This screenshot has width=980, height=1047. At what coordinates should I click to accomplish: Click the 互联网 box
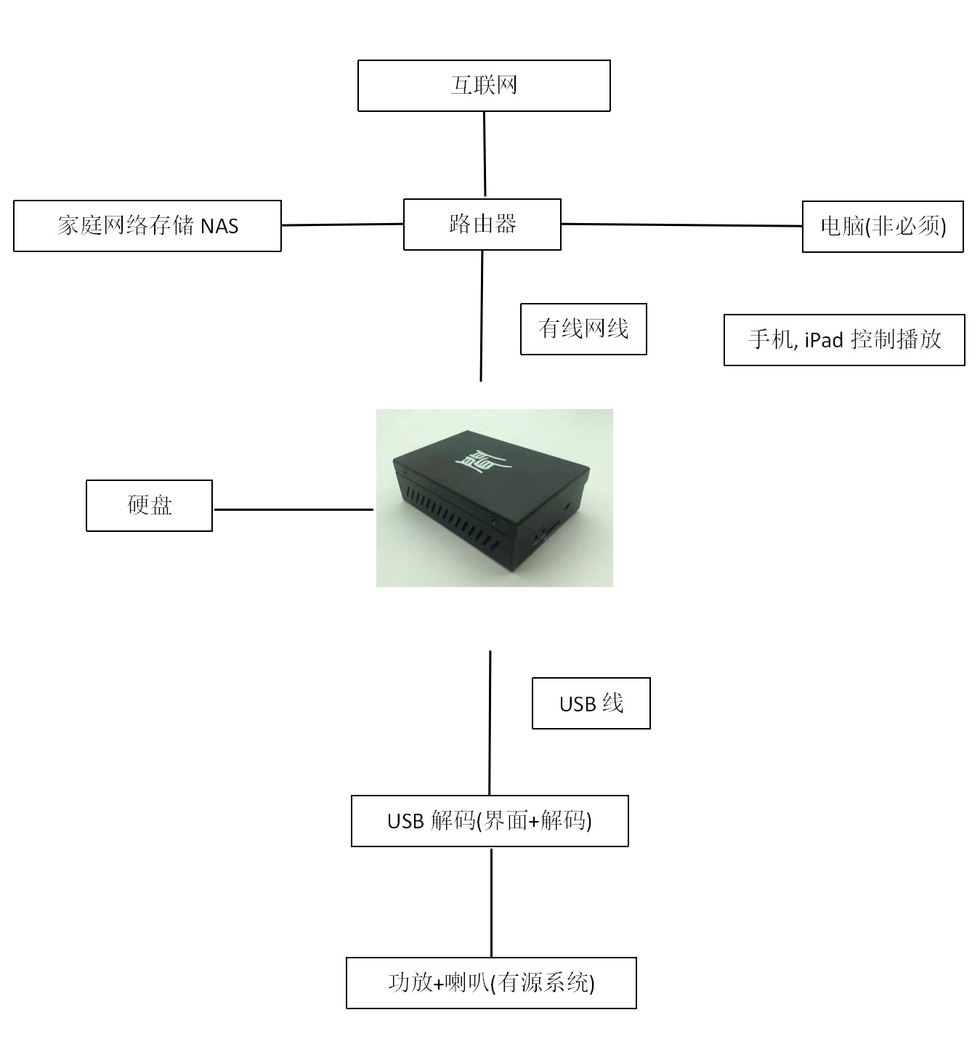coord(484,86)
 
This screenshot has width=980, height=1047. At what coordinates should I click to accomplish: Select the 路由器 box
coord(482,225)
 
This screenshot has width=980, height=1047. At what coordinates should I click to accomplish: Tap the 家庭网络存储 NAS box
coord(147,226)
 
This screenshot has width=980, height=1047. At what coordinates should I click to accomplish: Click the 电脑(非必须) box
coord(883,227)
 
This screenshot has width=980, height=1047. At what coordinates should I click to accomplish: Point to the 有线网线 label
coord(583,329)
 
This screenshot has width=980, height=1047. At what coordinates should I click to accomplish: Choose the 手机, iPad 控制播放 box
coord(844,339)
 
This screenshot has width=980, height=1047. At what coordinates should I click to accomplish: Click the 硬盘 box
coord(150,506)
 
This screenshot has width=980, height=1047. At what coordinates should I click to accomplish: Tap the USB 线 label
coord(591,703)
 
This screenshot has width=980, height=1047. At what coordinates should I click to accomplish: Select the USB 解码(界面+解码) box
coord(490,821)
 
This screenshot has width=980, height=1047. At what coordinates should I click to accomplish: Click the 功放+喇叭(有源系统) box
coord(491,983)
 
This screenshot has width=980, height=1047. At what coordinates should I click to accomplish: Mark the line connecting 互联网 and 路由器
coord(485,154)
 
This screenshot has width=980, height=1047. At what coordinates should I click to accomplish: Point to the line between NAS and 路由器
coord(342,225)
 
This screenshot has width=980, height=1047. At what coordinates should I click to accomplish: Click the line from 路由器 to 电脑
coord(681,225)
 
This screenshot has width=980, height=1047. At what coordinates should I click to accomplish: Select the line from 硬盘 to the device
coord(293,509)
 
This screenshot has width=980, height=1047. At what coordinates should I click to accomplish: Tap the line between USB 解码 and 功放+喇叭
coord(491,902)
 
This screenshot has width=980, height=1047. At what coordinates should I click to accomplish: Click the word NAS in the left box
coord(219,227)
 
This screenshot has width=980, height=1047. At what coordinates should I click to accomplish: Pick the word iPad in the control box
coord(824,340)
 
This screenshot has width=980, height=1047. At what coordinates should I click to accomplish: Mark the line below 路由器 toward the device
coord(482,315)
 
